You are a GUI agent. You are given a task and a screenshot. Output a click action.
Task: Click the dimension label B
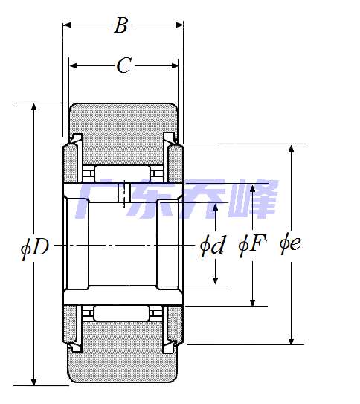click(120, 25)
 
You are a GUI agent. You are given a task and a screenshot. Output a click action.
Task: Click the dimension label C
click(124, 65)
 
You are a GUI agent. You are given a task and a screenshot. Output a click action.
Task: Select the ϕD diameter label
click(35, 247)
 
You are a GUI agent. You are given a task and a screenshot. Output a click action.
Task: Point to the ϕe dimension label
click(290, 245)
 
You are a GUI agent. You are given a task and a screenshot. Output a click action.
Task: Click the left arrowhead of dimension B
click(67, 25)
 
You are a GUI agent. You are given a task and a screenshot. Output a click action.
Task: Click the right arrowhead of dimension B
click(179, 25)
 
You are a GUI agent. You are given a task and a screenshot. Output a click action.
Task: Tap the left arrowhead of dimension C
click(73, 65)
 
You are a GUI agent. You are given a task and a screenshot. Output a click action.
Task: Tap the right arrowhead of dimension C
click(174, 65)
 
